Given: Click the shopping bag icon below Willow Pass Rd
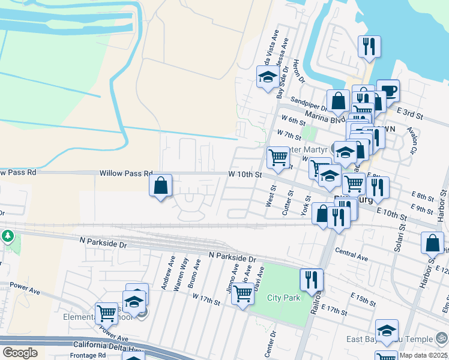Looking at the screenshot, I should (x=161, y=185).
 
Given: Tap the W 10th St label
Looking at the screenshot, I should (x=246, y=175).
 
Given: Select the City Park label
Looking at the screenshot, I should (x=283, y=298).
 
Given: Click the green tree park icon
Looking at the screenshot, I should (x=7, y=236).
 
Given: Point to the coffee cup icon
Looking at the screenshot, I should (x=388, y=91).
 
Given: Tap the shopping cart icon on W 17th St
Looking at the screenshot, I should (x=243, y=294).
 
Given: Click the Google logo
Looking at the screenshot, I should (x=20, y=352).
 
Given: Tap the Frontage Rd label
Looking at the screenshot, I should (x=88, y=355).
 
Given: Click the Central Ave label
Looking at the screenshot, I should (x=351, y=254).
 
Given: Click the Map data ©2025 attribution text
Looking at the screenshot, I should (x=423, y=355).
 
